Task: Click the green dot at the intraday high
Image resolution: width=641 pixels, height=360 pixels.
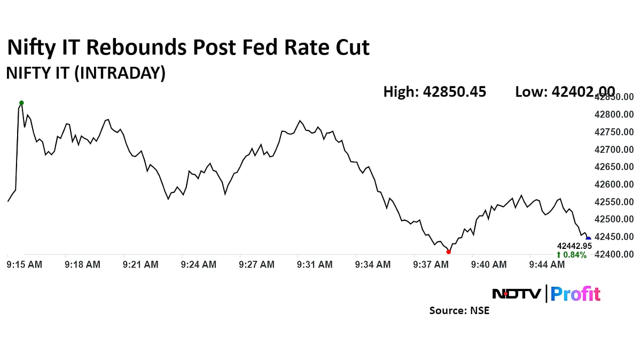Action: (21, 103)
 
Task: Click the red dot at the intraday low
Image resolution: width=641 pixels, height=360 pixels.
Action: (448, 252)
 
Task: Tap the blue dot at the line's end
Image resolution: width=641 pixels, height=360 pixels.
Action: (589, 239)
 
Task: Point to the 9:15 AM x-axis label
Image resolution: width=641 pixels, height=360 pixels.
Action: (25, 264)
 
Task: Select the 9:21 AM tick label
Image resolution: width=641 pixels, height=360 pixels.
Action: (140, 264)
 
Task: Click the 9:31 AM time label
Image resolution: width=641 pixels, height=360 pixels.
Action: (315, 264)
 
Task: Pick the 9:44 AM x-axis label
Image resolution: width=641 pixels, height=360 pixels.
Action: (546, 264)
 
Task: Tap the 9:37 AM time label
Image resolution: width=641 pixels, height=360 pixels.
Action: (431, 264)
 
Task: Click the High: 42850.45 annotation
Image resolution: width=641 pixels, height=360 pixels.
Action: (435, 92)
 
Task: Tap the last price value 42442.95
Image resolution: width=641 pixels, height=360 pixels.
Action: (574, 246)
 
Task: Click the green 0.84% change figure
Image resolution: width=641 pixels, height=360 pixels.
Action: (572, 255)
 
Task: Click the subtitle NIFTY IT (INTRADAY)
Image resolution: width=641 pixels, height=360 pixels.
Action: (85, 73)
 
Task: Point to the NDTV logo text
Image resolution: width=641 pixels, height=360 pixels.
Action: (516, 294)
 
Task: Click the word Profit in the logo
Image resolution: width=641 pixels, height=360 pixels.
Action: (575, 294)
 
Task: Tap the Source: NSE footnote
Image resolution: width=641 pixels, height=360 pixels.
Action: (459, 310)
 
